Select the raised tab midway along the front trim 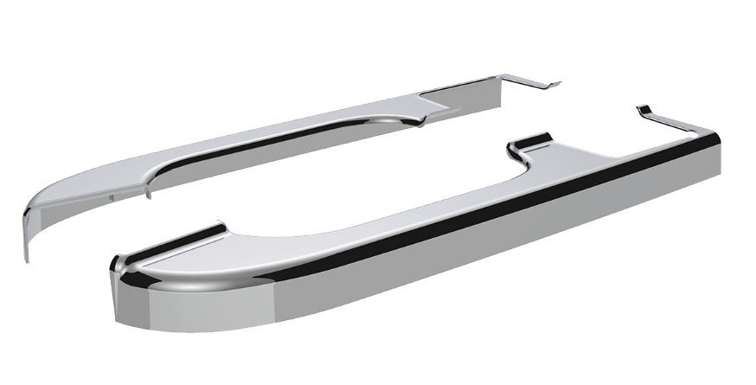(529, 140)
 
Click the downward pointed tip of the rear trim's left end (26, 256)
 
